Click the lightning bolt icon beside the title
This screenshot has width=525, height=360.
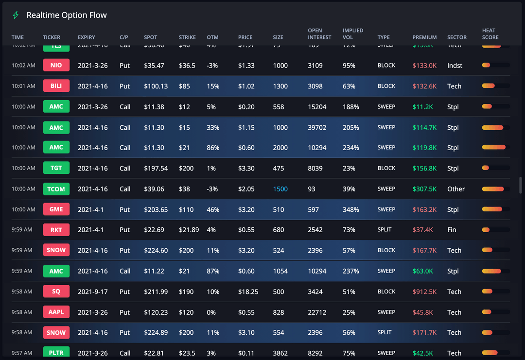(x=16, y=15)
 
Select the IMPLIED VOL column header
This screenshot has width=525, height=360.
(x=352, y=34)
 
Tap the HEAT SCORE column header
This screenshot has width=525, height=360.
(x=490, y=34)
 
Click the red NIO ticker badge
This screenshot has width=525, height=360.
(x=56, y=65)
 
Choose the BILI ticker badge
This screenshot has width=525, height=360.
(x=56, y=86)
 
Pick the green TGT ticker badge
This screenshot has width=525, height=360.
(x=56, y=168)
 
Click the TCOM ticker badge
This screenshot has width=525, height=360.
(x=56, y=189)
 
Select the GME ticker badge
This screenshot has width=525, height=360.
(x=56, y=209)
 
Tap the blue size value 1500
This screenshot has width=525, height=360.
(x=280, y=189)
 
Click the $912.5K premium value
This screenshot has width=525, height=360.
(x=424, y=291)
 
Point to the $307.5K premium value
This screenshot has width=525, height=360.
(x=424, y=189)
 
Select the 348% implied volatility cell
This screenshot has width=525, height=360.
(x=350, y=209)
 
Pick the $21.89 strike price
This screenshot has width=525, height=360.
(x=189, y=230)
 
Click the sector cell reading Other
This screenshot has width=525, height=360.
(x=456, y=189)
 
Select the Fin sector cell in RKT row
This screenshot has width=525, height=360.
(x=452, y=230)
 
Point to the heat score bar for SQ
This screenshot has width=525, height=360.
(x=495, y=291)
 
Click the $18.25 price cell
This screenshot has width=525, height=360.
(x=248, y=291)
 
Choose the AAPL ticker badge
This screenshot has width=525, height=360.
(x=56, y=312)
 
